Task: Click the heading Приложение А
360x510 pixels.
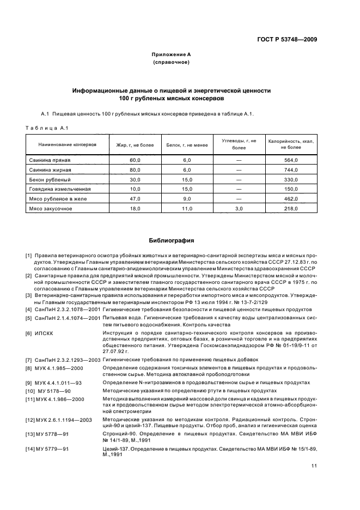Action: pos(171,55)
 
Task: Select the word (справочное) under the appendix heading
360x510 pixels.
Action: pos(171,63)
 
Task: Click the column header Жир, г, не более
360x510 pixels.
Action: pos(135,144)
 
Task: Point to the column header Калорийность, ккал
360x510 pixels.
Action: pos(291,141)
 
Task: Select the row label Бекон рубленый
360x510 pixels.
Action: pos(50,179)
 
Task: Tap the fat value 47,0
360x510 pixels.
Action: pos(135,199)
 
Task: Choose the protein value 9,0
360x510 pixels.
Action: pos(187,199)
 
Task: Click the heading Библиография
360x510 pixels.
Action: pos(171,240)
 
